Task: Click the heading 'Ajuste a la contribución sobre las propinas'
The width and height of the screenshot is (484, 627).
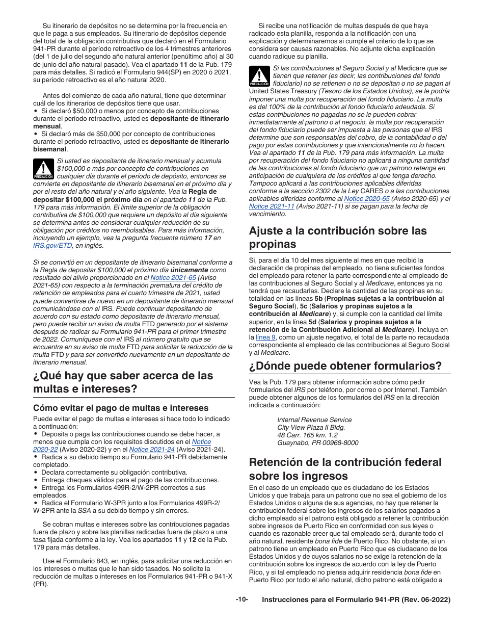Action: click(338, 237)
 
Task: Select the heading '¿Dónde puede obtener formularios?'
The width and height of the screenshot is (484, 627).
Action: click(345, 366)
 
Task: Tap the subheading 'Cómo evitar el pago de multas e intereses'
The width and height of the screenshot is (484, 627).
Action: click(121, 408)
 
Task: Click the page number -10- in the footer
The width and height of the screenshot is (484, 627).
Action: click(241, 600)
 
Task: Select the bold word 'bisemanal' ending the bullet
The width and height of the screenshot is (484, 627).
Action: click(50, 149)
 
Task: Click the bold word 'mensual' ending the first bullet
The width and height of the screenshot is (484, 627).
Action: click(47, 126)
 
